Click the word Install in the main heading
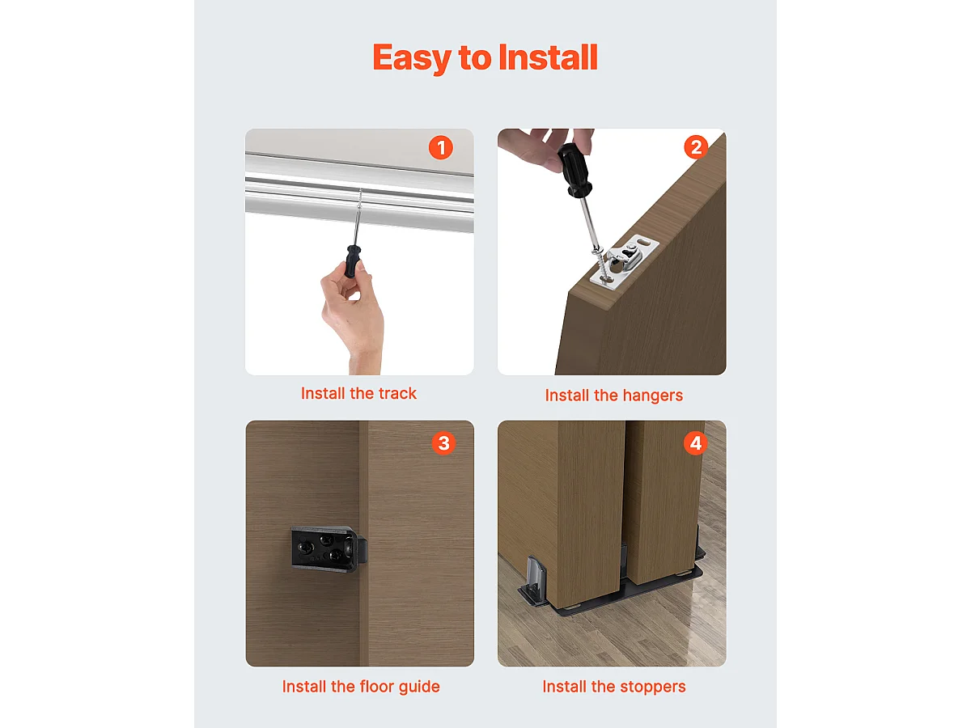pyautogui.click(x=548, y=57)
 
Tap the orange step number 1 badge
pyautogui.click(x=440, y=148)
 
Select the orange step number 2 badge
pyautogui.click(x=694, y=147)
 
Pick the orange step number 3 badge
pyautogui.click(x=443, y=442)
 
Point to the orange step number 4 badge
pyautogui.click(x=694, y=442)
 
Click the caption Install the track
pyautogui.click(x=358, y=394)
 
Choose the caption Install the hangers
pyautogui.click(x=613, y=396)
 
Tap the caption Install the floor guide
pyautogui.click(x=361, y=687)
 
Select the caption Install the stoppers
pyautogui.click(x=613, y=687)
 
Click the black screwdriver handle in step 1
pyautogui.click(x=352, y=260)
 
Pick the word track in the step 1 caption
pyautogui.click(x=396, y=394)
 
